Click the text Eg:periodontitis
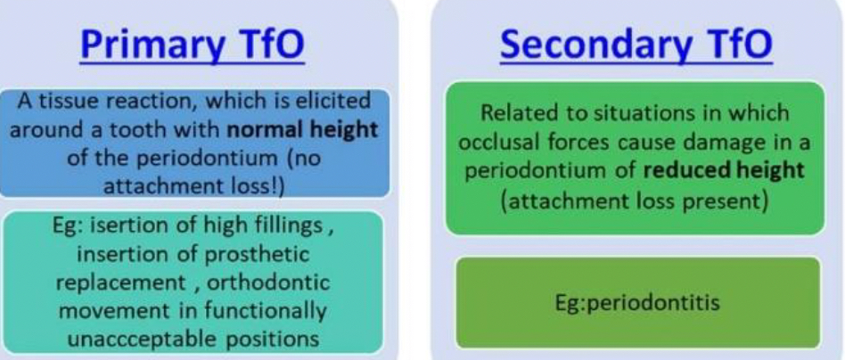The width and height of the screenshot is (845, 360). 637,303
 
